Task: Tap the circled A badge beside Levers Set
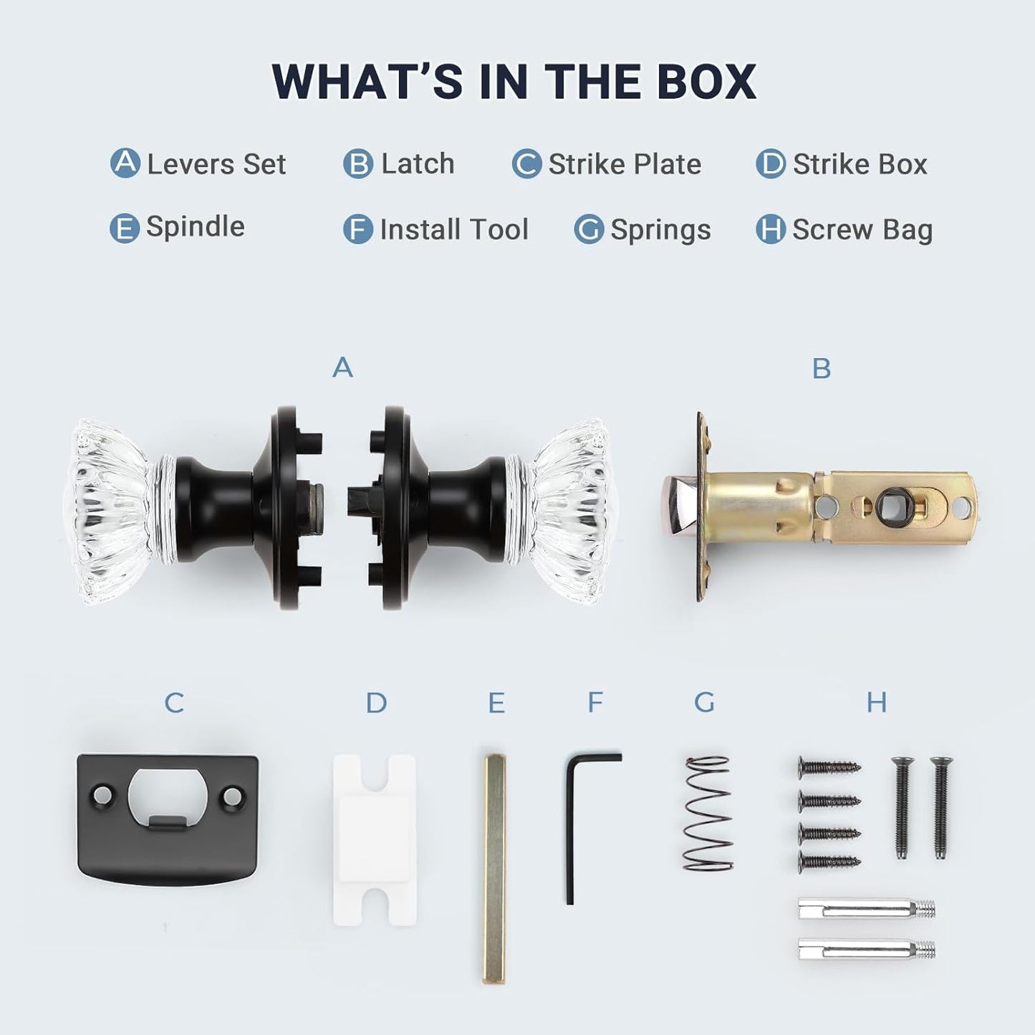tap(125, 163)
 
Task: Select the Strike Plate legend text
tap(625, 164)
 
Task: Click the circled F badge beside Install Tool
tap(358, 228)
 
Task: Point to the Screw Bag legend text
tap(862, 230)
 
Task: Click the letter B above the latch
tap(822, 368)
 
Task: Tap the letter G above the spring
tap(704, 702)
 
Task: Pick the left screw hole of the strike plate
tap(102, 794)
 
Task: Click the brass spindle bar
tap(494, 869)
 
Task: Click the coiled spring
tap(708, 813)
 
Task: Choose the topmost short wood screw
tap(829, 766)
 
